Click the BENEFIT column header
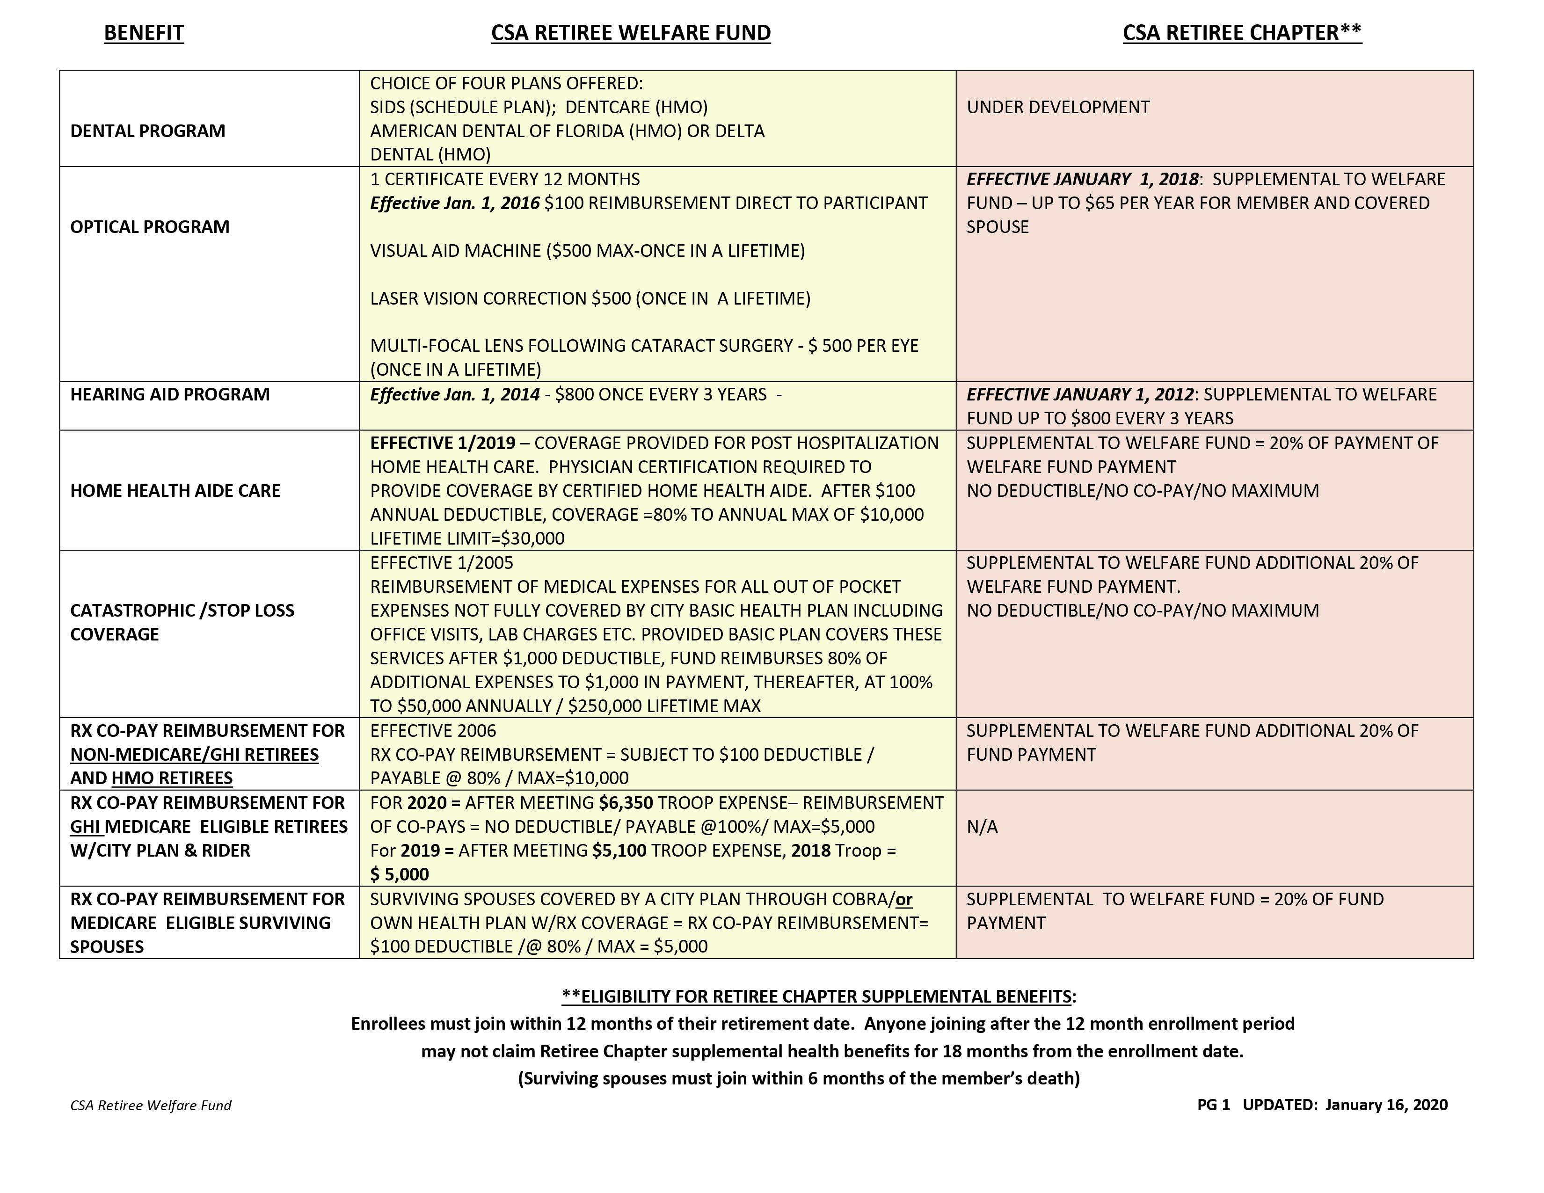[x=144, y=33]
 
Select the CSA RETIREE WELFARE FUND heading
[x=631, y=33]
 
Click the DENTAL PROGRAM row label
[x=148, y=131]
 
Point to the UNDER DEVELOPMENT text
[x=1057, y=108]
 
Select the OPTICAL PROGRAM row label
[x=150, y=227]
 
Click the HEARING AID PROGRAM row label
[x=170, y=394]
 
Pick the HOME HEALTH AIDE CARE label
[x=175, y=490]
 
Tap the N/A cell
[x=982, y=827]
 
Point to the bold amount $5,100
[x=619, y=851]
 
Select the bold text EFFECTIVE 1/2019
[x=443, y=443]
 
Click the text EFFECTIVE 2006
[x=433, y=731]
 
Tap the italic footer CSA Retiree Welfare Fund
[x=151, y=1106]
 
